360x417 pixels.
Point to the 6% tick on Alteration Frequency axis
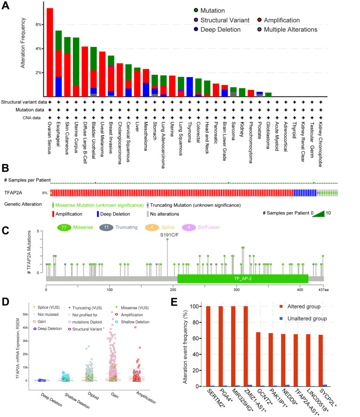[40, 24]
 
